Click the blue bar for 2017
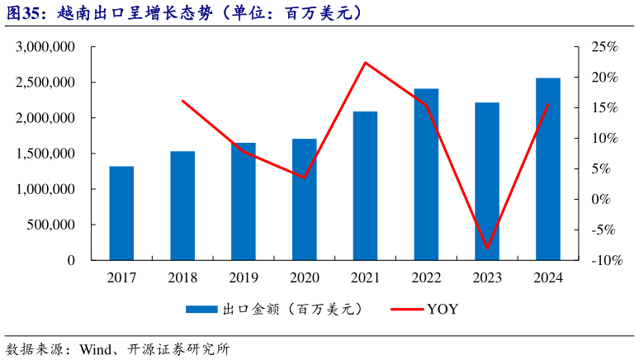[x=121, y=213]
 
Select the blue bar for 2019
[x=243, y=201]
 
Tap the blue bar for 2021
[x=365, y=186]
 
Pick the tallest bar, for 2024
[x=548, y=169]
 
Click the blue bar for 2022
[x=426, y=174]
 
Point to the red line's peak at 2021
[x=365, y=63]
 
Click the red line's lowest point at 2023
[x=487, y=248]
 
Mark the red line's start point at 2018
[x=182, y=101]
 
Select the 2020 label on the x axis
[x=304, y=278]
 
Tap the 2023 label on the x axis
[x=487, y=278]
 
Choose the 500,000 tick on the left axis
[x=51, y=225]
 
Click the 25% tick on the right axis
[x=605, y=48]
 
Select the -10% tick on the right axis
[x=605, y=260]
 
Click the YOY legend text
[x=442, y=310]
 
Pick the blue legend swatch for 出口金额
[x=201, y=310]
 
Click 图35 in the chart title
[x=25, y=14]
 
